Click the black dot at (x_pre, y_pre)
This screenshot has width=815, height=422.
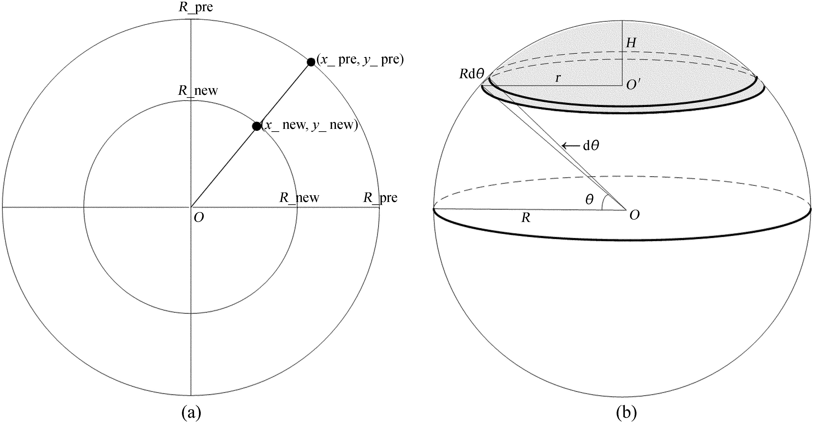pyautogui.click(x=311, y=62)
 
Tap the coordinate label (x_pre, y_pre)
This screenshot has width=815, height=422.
pyautogui.click(x=360, y=60)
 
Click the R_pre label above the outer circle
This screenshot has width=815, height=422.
pyautogui.click(x=196, y=7)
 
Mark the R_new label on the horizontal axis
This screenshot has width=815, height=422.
pyautogui.click(x=299, y=198)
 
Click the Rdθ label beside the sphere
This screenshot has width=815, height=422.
pyautogui.click(x=472, y=74)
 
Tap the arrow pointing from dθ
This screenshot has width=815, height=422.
pyautogui.click(x=571, y=146)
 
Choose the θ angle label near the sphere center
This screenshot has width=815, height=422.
pyautogui.click(x=589, y=200)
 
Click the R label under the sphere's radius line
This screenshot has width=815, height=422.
pyautogui.click(x=525, y=218)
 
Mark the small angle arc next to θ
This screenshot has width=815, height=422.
pyautogui.click(x=603, y=202)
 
